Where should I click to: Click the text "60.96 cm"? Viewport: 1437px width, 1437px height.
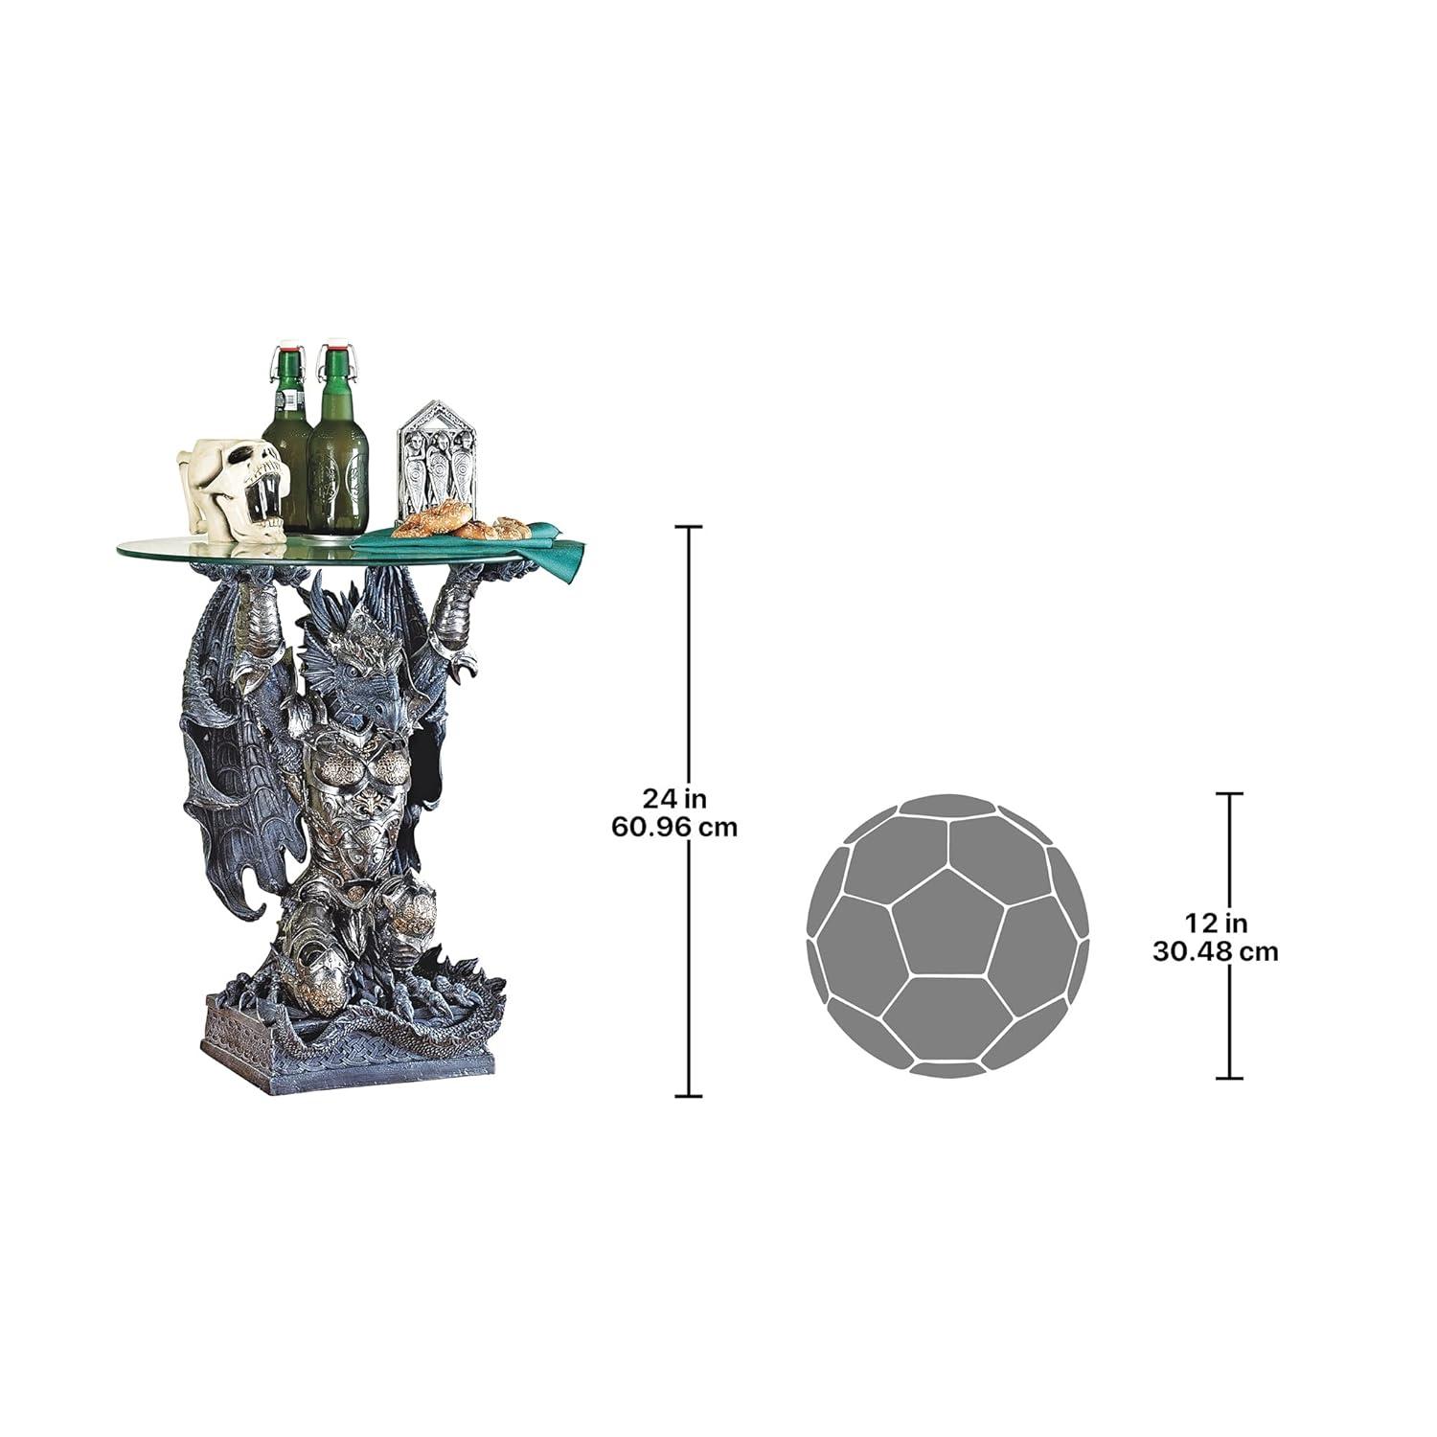click(x=675, y=826)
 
